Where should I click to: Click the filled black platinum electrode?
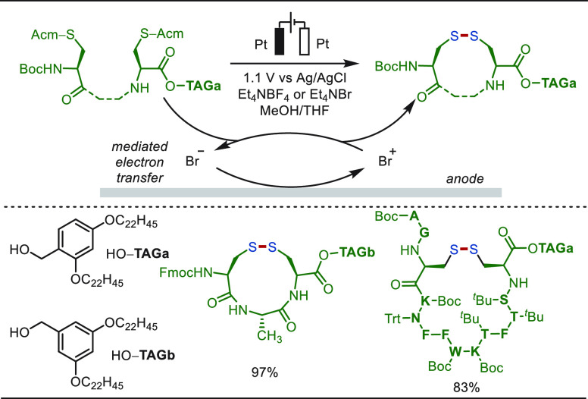coord(280,40)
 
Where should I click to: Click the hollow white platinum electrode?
coord(304,40)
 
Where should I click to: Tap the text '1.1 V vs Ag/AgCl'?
coord(294,79)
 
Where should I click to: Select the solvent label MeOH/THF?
coord(295,110)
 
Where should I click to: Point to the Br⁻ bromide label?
coord(195,159)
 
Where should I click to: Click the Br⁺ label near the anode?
coord(387,159)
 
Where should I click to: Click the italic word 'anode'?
coord(465,179)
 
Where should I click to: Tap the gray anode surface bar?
coord(301,192)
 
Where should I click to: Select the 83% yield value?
coord(466,388)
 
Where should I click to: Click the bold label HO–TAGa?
coord(138,254)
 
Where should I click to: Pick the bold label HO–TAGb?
coord(143,355)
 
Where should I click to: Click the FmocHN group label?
coord(186,272)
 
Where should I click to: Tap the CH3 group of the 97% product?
coord(269,336)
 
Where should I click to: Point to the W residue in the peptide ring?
coord(455,351)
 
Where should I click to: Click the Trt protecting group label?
coord(395,319)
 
